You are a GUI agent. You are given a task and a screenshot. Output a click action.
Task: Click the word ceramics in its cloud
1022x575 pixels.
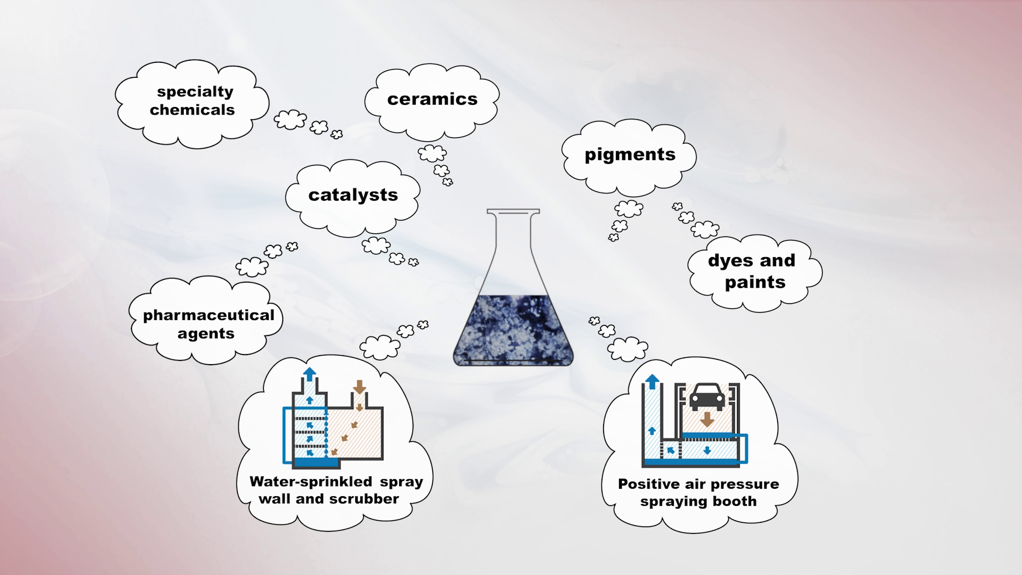point(432,99)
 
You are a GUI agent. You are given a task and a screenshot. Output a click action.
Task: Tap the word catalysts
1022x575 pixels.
point(353,195)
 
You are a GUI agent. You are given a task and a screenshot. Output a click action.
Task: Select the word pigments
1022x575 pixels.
point(630,154)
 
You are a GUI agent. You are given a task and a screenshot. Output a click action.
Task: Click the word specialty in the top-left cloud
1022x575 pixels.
point(195,92)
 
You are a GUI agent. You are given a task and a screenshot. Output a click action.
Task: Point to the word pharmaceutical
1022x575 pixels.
point(209,315)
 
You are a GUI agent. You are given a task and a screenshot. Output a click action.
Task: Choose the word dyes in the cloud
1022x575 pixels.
point(728,261)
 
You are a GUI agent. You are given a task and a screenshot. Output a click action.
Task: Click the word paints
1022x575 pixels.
point(755,282)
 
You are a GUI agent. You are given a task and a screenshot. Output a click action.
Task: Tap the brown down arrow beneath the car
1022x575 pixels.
point(706,419)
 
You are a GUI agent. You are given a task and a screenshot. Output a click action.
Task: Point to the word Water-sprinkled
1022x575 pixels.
point(310,482)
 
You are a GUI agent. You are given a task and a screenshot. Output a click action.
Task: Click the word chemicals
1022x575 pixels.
point(192,110)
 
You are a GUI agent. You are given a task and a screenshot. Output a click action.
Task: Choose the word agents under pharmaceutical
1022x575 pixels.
point(206,334)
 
